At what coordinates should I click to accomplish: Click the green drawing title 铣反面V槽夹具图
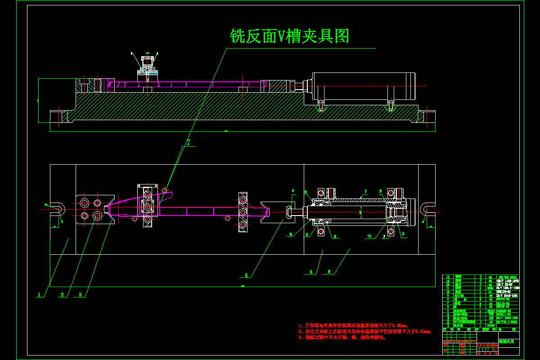pos(290,36)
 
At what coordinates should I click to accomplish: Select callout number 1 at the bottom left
pos(39,295)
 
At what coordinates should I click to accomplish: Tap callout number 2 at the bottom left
pos(63,295)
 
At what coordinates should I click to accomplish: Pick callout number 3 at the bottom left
pos(81,295)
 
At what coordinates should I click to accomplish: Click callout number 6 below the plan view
pos(329,271)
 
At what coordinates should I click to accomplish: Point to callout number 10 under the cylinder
pos(369,236)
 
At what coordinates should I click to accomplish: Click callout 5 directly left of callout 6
pos(311,271)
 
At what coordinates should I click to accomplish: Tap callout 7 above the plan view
pos(189,142)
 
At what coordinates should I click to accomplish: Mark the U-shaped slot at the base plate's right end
pos(426,208)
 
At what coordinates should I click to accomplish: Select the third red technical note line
pos(342,337)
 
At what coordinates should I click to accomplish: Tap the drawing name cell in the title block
pos(508,342)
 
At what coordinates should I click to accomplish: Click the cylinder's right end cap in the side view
pos(410,86)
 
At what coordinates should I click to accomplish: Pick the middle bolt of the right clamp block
pos(243,211)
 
